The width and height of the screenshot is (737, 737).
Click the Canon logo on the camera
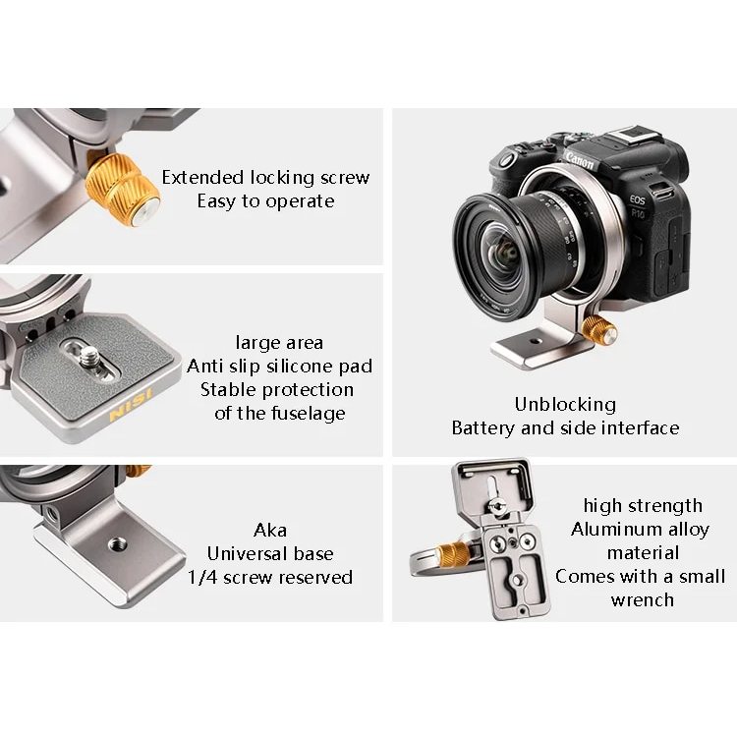tap(580, 161)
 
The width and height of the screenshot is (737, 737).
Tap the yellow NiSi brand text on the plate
tap(131, 404)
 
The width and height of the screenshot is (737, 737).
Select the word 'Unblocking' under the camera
tap(565, 404)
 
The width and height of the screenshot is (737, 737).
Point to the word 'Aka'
tap(270, 531)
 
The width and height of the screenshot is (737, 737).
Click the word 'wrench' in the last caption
tap(642, 600)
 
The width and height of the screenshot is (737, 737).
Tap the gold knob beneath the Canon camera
tap(599, 329)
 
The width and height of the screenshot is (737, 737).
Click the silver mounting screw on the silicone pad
tap(88, 358)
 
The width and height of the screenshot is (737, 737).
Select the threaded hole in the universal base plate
tap(117, 545)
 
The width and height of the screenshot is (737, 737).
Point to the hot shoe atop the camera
tap(629, 138)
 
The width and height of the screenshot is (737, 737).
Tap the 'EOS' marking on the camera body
tap(638, 200)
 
